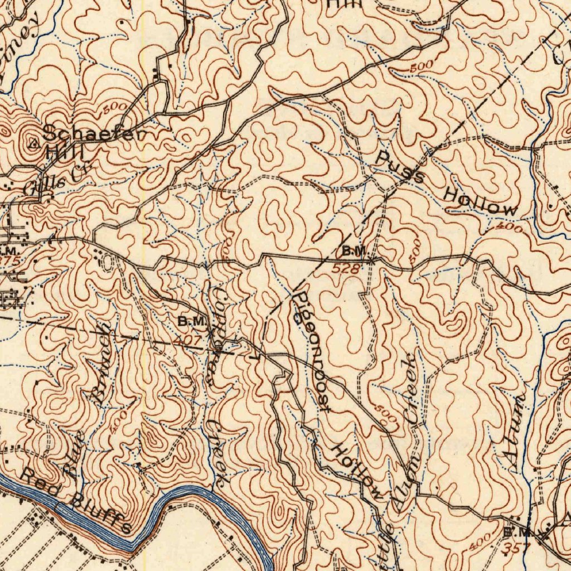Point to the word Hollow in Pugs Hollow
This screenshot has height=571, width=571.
480,202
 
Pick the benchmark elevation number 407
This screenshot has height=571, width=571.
186,338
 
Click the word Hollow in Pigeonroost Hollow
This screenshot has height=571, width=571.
358,472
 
